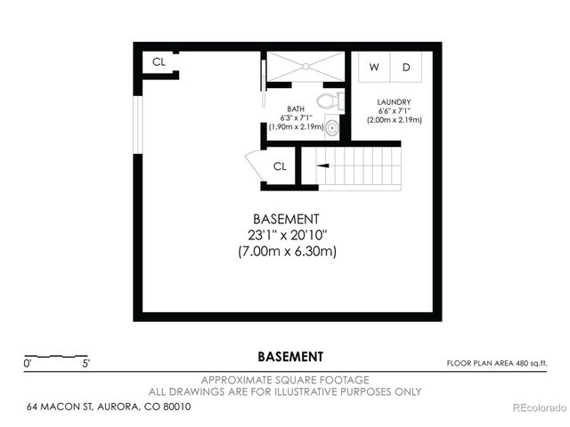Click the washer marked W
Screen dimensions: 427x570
coord(374,68)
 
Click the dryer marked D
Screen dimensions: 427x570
coord(406,68)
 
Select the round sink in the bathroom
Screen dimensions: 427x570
coord(332,128)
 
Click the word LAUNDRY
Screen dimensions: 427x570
coord(393,102)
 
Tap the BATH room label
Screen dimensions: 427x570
coord(295,109)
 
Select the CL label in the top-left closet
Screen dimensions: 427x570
coord(159,62)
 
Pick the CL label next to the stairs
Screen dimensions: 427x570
coord(280,165)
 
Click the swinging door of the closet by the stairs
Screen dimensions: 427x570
coord(253,167)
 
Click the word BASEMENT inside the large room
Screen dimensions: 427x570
coord(286,219)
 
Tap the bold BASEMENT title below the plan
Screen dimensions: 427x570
coord(290,357)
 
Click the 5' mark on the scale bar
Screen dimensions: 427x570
coord(85,363)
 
